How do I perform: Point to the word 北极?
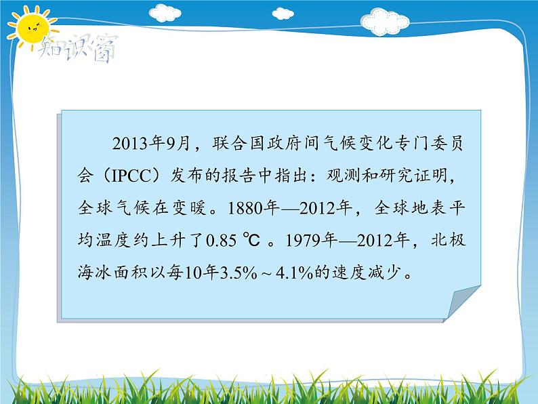pyautogui.click(x=447, y=241)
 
